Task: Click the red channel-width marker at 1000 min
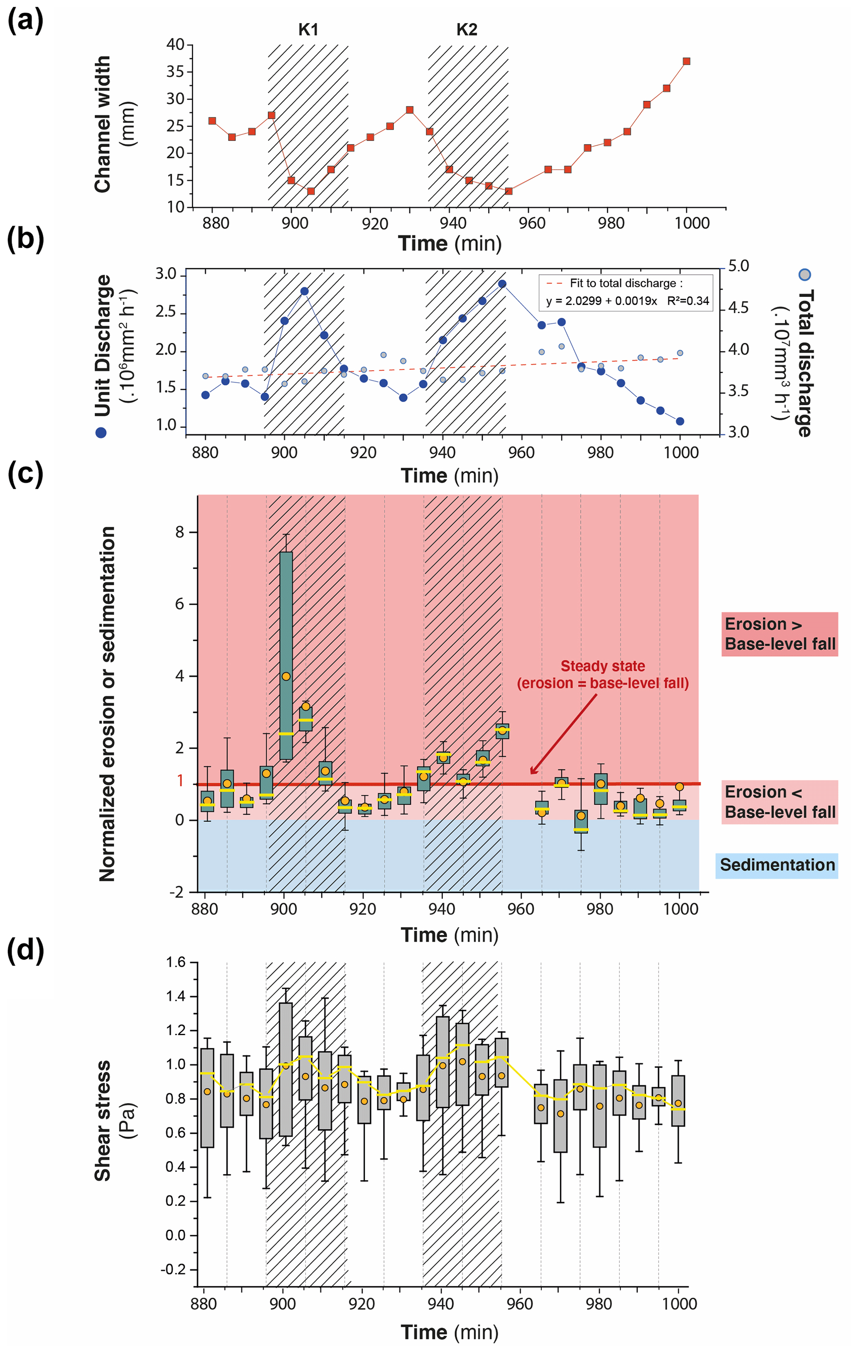(686, 61)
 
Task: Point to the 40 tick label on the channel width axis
(175, 44)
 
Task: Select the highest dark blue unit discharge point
(502, 284)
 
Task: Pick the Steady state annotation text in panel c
(602, 674)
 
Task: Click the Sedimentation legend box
(777, 865)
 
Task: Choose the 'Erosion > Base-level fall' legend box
(779, 634)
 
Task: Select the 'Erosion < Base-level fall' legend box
(779, 802)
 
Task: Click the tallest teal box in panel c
(286, 655)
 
